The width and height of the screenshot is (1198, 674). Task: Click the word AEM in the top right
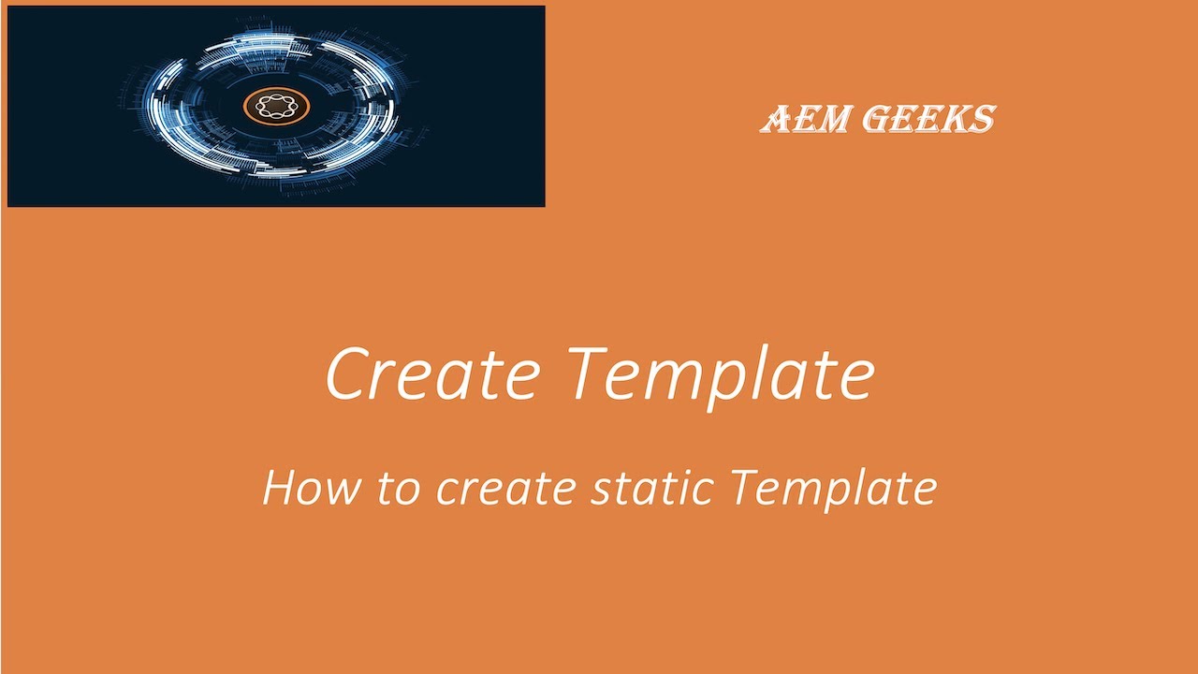click(804, 118)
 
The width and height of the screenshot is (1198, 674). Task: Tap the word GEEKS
click(929, 118)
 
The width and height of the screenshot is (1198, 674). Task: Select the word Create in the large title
click(432, 373)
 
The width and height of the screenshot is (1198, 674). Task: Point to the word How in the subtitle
click(312, 488)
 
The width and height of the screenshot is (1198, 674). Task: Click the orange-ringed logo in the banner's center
click(276, 107)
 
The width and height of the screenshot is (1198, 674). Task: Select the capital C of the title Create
click(346, 374)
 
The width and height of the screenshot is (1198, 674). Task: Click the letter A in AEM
click(776, 118)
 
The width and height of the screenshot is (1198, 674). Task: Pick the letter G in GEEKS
click(877, 118)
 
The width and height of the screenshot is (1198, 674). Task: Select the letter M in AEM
click(831, 118)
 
